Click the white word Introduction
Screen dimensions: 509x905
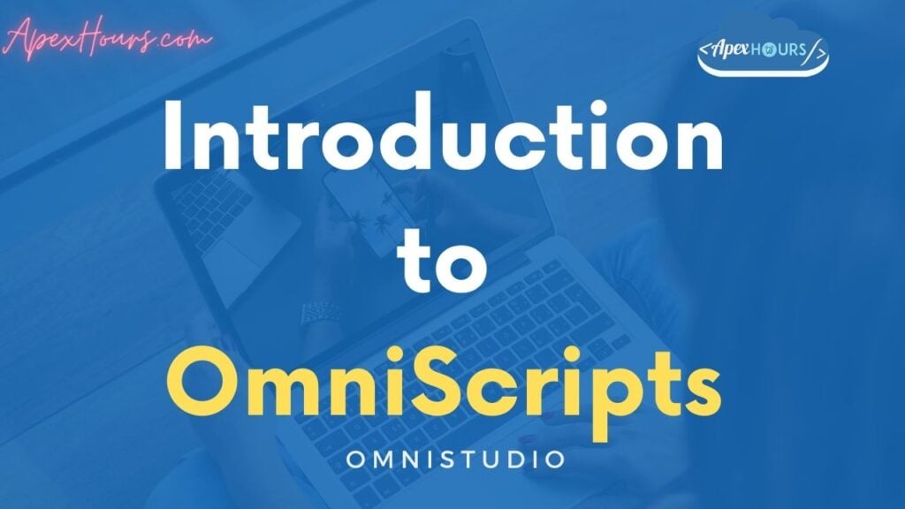[x=443, y=142]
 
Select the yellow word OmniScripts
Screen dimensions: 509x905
[x=443, y=389]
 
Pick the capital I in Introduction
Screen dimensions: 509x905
[x=174, y=141]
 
